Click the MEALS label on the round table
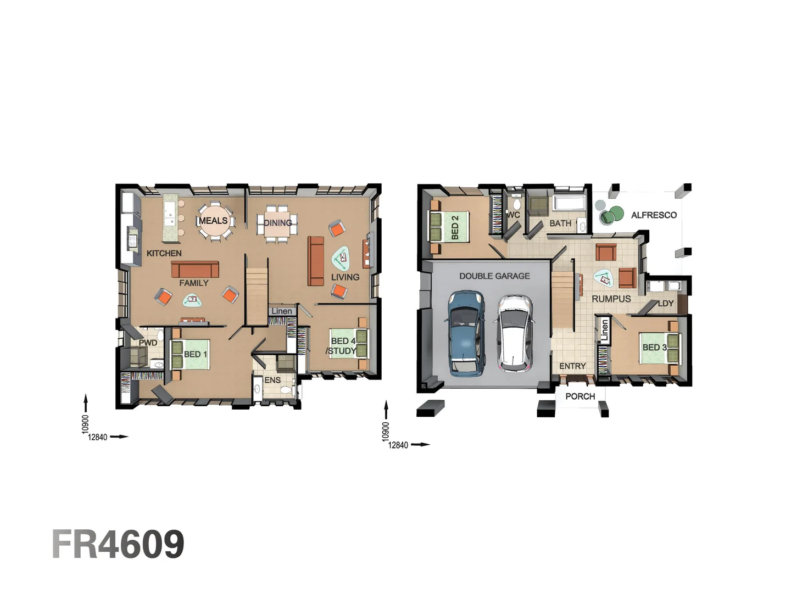coord(213,221)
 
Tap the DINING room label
coord(277,223)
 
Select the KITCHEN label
coord(164,253)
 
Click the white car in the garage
coord(515,333)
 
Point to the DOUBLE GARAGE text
coord(494,276)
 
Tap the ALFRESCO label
coord(654,215)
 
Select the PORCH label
coord(580,396)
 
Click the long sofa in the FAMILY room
coord(195,269)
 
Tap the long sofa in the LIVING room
coord(316,261)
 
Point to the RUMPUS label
coord(611,299)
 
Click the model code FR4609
coord(118,545)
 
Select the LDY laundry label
coord(665,304)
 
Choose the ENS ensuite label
coord(272,380)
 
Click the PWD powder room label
coord(148,343)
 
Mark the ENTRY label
coord(572,366)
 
